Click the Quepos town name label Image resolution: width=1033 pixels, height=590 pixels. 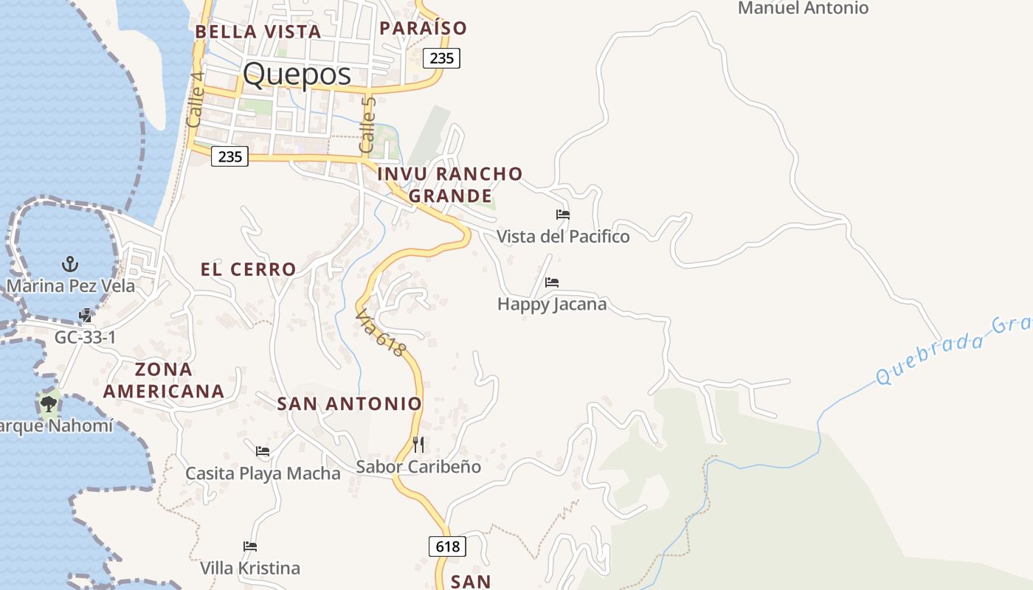(297, 74)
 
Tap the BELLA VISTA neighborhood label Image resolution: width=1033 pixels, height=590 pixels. (258, 32)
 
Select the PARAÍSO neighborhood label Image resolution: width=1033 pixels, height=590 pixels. (423, 28)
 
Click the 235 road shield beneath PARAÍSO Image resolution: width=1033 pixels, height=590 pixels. (441, 58)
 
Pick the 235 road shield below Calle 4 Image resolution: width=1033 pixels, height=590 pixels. (229, 156)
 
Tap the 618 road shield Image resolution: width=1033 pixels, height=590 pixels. (447, 546)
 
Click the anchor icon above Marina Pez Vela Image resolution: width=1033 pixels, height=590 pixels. (70, 263)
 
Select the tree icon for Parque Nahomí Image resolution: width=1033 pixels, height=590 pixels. (49, 403)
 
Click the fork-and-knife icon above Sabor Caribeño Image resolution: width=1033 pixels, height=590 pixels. (418, 444)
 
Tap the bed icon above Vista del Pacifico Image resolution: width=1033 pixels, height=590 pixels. (563, 215)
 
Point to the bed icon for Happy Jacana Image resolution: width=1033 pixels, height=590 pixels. (552, 282)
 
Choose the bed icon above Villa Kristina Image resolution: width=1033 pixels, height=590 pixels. (250, 546)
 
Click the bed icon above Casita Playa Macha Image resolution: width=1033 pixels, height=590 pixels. (263, 451)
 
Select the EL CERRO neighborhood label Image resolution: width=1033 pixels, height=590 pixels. (248, 269)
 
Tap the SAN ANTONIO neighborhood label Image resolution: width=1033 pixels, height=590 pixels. (349, 403)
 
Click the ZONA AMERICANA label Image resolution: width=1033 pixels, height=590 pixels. (163, 380)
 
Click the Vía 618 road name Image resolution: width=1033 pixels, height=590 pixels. (380, 333)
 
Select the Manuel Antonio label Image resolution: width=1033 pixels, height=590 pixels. (803, 8)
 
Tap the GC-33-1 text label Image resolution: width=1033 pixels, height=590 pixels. (86, 337)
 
